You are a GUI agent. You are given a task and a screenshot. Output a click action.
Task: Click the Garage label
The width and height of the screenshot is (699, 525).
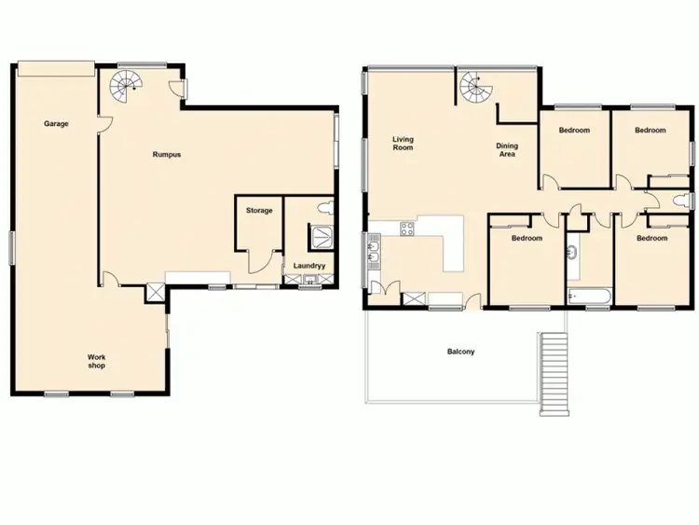56,123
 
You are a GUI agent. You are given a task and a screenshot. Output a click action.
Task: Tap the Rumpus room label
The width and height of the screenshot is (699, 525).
166,155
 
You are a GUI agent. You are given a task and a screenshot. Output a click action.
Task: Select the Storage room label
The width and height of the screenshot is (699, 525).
259,211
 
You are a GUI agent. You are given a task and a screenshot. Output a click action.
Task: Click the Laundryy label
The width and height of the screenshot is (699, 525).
308,265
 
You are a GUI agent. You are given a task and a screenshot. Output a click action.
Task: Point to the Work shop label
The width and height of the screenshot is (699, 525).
96,361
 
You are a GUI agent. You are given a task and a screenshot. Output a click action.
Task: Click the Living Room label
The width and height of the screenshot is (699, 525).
403,144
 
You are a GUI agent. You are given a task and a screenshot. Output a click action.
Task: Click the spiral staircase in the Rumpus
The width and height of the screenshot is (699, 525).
124,87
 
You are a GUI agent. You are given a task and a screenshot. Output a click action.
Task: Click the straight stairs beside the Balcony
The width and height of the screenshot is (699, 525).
555,371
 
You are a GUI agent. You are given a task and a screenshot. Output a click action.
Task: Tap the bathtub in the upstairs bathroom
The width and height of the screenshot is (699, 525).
588,297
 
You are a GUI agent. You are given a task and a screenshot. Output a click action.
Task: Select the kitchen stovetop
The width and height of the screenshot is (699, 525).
406,228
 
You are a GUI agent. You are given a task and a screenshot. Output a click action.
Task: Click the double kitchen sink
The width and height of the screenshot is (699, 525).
375,251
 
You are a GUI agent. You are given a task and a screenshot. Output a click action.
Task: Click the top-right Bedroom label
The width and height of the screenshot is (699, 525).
650,131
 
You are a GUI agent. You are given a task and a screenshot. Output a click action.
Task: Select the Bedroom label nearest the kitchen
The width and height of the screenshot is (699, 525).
526,238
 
